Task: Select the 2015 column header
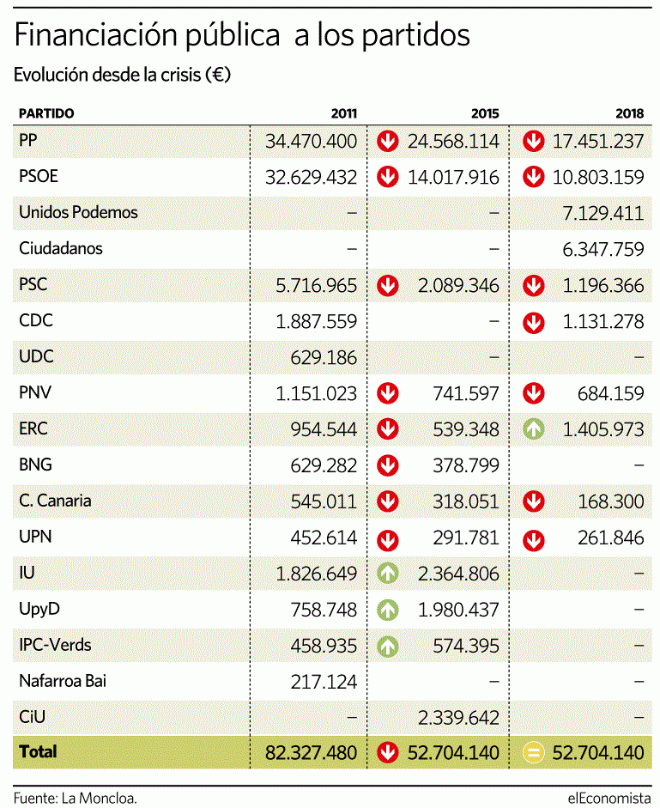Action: (x=484, y=113)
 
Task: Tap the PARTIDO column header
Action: (x=46, y=113)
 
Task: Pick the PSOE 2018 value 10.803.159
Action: (x=597, y=178)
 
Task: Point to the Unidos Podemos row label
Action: (x=78, y=212)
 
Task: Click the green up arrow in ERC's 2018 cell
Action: (x=534, y=429)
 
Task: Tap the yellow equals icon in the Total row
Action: (x=534, y=753)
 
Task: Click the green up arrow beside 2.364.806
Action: (x=389, y=574)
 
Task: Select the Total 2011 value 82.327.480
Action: (x=310, y=753)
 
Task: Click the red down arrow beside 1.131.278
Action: (x=534, y=322)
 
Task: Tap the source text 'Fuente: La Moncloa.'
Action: (x=75, y=796)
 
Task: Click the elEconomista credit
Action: (x=608, y=796)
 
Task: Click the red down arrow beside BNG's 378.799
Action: (x=389, y=465)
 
